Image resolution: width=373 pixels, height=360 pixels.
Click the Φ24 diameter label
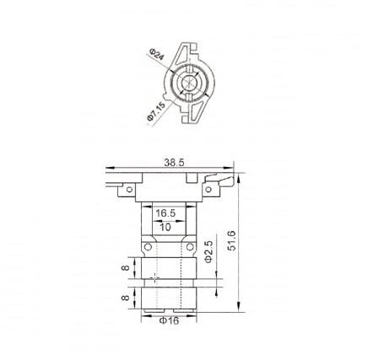154,56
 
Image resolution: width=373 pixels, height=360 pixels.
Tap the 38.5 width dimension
175,162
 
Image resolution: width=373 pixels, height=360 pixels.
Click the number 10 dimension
166,227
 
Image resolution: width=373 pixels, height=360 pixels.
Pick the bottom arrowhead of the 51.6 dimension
240,312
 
